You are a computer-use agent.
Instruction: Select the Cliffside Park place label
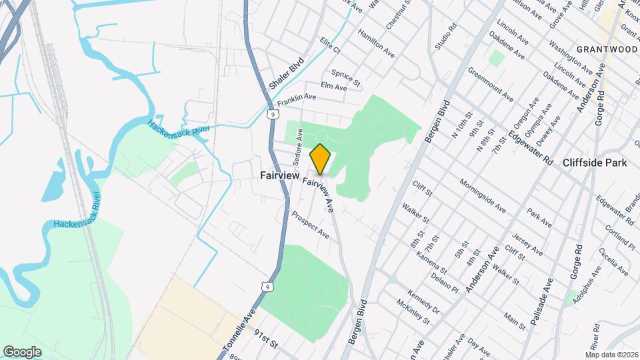(x=595, y=163)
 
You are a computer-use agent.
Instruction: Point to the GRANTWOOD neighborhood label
(x=607, y=49)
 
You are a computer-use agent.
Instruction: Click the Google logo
(x=22, y=351)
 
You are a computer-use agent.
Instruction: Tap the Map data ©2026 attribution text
(x=611, y=354)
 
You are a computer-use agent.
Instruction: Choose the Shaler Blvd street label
(x=287, y=74)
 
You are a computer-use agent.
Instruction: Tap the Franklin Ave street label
(x=297, y=100)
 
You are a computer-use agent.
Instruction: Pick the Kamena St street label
(x=431, y=263)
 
